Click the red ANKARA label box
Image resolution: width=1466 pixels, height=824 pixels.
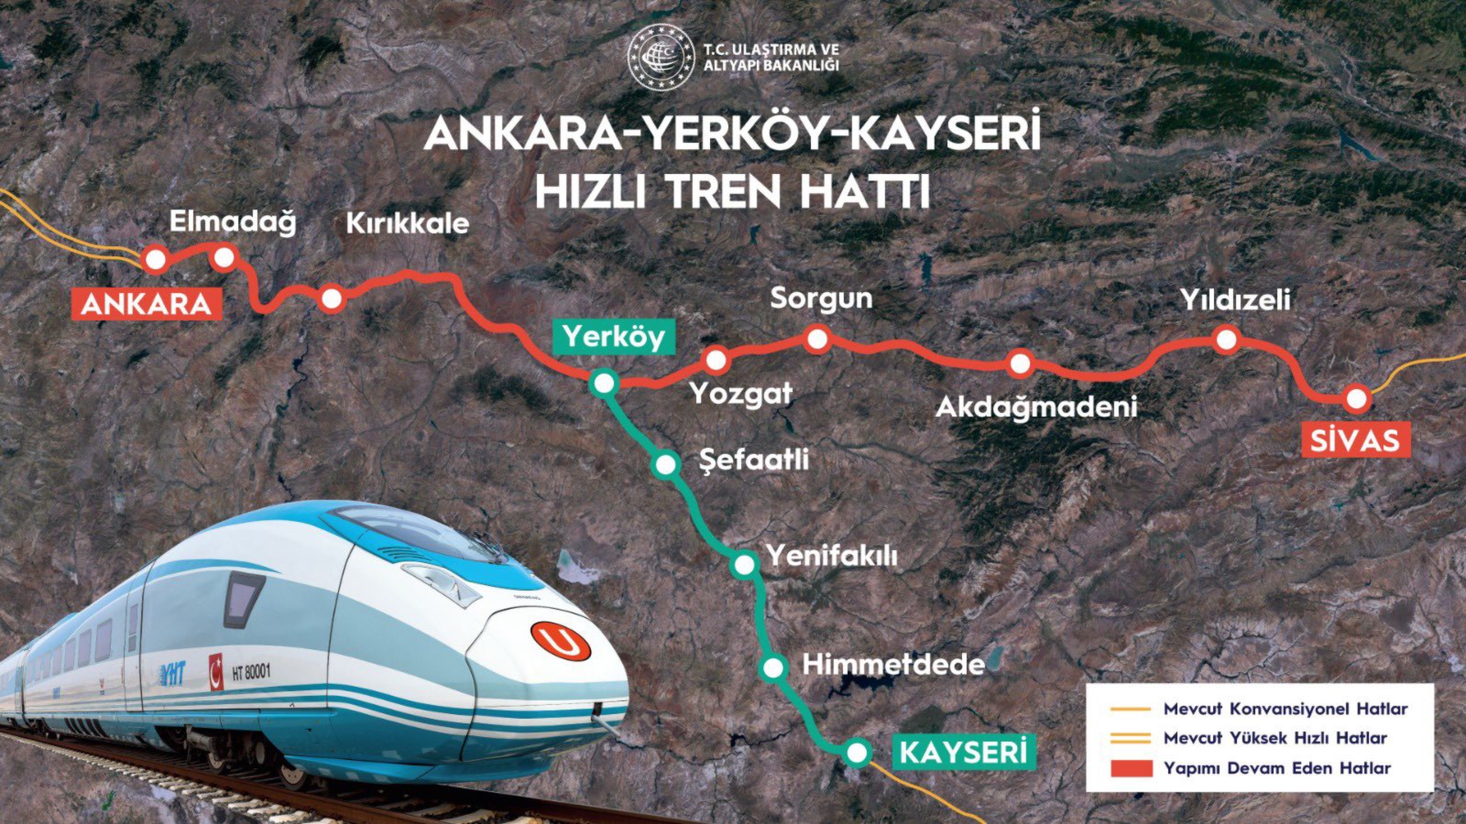tap(147, 304)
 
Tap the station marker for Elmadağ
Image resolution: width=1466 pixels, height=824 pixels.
tap(224, 257)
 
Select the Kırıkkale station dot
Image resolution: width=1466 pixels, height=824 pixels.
tap(332, 298)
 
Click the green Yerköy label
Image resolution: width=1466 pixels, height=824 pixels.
tap(613, 336)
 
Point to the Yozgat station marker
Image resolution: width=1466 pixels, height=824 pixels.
tap(716, 360)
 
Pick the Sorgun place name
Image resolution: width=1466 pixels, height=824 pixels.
tap(821, 298)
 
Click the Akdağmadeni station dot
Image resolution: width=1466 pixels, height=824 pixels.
tap(1020, 363)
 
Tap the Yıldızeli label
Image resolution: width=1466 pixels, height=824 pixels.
tap(1234, 299)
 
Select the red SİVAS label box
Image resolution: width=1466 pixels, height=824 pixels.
tap(1354, 440)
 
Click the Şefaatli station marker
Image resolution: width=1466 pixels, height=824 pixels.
tap(666, 464)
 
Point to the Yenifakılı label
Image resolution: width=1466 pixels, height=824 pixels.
tap(832, 556)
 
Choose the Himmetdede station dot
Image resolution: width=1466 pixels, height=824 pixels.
tap(773, 667)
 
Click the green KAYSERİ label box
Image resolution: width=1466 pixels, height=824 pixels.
tap(963, 753)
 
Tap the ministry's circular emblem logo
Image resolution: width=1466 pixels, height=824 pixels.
tap(661, 57)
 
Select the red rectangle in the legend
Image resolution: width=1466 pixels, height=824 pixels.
tap(1131, 768)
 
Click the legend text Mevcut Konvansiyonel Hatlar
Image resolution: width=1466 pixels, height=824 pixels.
tap(1285, 709)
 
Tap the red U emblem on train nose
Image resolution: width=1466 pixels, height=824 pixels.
tap(561, 641)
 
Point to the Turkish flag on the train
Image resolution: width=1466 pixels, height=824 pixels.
tap(216, 671)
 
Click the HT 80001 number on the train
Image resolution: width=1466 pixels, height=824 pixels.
tap(251, 672)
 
